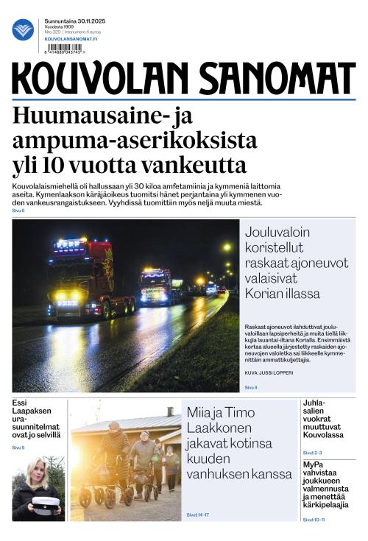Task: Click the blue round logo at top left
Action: (24, 29)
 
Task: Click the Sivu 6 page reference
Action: (18, 211)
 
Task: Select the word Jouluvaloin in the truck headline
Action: (278, 230)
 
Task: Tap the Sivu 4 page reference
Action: (251, 386)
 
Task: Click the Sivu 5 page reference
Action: (18, 448)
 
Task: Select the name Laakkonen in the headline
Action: (225, 426)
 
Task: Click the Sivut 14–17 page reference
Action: (198, 515)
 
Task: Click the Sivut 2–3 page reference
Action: (312, 452)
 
